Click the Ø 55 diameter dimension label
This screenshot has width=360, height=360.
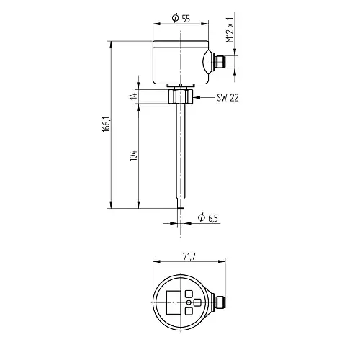(181, 18)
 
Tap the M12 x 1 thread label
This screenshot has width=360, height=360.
(230, 30)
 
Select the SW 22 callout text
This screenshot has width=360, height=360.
(228, 98)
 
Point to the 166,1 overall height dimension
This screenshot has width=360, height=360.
(107, 125)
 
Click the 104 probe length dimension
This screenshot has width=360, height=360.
(133, 156)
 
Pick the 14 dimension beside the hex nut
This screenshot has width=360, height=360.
(133, 96)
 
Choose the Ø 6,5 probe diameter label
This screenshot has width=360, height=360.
(208, 217)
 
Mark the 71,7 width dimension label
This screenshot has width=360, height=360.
(189, 256)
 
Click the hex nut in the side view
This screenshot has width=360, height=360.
(181, 96)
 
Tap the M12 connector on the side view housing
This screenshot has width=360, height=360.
(219, 62)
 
